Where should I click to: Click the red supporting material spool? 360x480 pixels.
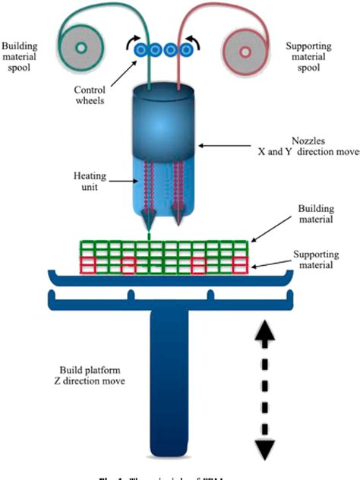[246, 53]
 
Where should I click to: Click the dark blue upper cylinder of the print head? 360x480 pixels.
[164, 122]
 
